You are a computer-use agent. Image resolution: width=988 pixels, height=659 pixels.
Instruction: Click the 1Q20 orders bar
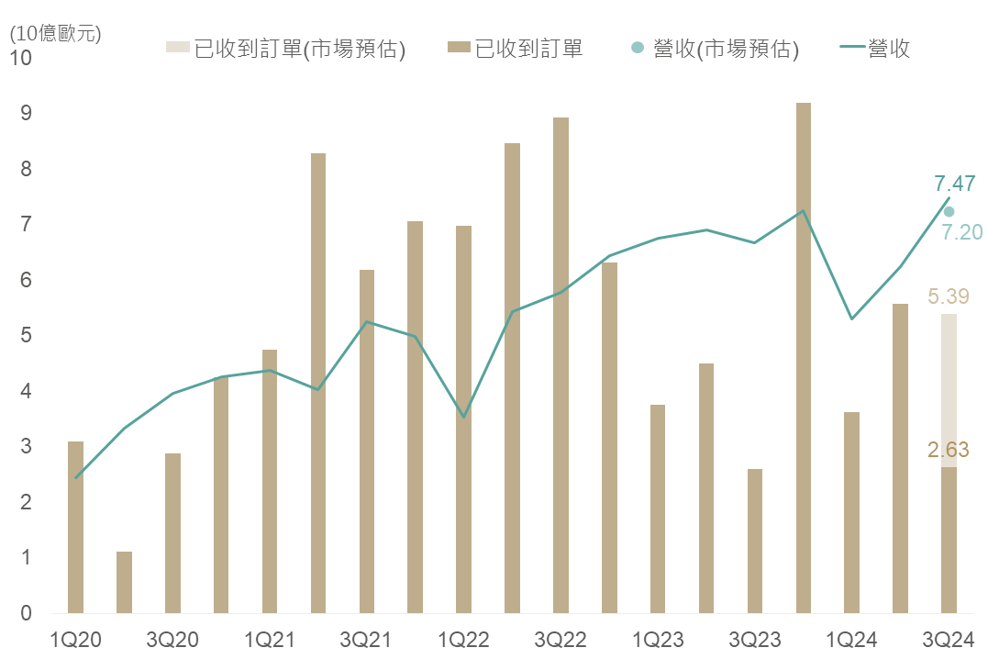[x=75, y=527]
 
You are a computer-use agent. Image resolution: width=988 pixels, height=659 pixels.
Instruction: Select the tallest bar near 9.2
[x=803, y=358]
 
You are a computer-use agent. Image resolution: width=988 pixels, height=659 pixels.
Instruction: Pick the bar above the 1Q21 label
[x=270, y=481]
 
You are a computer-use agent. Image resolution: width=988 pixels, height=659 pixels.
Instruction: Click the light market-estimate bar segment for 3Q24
[x=949, y=390]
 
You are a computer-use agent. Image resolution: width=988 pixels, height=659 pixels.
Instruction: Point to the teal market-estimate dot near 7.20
[x=949, y=211]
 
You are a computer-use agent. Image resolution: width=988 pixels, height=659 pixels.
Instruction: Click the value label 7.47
[x=954, y=183]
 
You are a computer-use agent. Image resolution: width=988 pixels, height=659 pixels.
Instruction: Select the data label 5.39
[x=949, y=296]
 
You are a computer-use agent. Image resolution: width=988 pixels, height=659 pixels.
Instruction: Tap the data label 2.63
[x=949, y=450]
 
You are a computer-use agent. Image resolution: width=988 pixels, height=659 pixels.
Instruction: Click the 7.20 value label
[x=962, y=232]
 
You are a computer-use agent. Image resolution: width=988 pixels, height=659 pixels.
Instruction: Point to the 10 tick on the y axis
[x=20, y=58]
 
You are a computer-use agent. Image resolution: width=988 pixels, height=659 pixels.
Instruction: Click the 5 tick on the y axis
[x=26, y=336]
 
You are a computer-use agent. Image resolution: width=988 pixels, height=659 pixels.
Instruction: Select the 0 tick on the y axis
[x=26, y=613]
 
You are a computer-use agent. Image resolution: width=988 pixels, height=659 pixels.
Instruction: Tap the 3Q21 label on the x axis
[x=367, y=639]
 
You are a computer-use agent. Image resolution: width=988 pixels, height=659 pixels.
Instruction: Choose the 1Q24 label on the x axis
[x=851, y=639]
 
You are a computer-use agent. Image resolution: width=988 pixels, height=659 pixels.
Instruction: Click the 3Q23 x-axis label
[x=755, y=639]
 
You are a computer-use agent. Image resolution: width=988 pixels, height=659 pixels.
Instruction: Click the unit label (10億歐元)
[x=55, y=34]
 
